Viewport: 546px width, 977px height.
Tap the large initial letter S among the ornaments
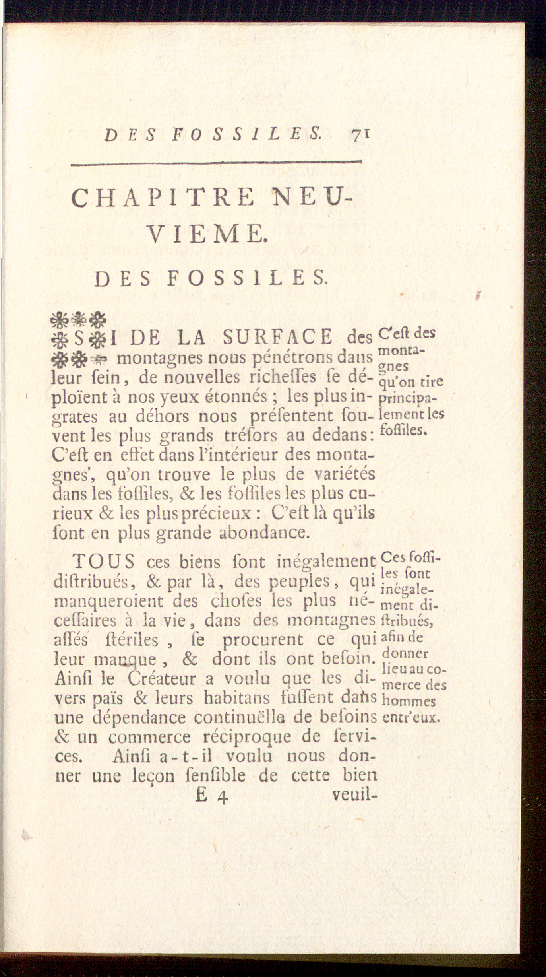click(79, 339)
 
